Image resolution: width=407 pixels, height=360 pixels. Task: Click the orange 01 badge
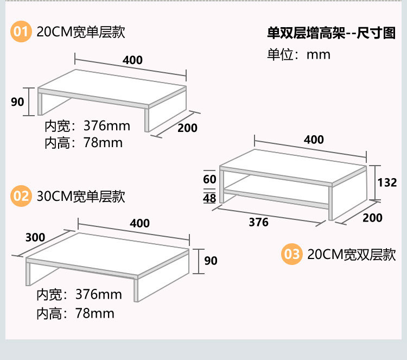pyautogui.click(x=21, y=32)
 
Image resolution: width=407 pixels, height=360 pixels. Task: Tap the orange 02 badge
pyautogui.click(x=21, y=196)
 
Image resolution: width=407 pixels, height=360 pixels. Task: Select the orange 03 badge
pyautogui.click(x=291, y=254)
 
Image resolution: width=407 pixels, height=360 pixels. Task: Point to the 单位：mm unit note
pyautogui.click(x=298, y=55)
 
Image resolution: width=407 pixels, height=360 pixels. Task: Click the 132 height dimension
pyautogui.click(x=387, y=182)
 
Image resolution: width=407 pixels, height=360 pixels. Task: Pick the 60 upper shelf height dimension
pyautogui.click(x=209, y=179)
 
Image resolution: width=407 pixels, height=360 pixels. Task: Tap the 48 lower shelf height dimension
pyautogui.click(x=209, y=198)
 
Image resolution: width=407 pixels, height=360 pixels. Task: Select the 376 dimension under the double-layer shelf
pyautogui.click(x=258, y=222)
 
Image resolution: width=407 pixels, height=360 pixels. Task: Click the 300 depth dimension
pyautogui.click(x=35, y=237)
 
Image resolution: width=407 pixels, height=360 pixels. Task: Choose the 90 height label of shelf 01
pyautogui.click(x=18, y=102)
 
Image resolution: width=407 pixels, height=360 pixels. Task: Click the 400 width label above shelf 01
pyautogui.click(x=132, y=60)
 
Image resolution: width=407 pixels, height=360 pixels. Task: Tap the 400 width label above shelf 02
pyautogui.click(x=139, y=223)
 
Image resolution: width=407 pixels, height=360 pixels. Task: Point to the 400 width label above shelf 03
pyautogui.click(x=314, y=140)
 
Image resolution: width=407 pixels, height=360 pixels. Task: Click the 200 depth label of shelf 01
pyautogui.click(x=188, y=128)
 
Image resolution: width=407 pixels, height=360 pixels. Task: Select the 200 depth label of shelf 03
pyautogui.click(x=372, y=218)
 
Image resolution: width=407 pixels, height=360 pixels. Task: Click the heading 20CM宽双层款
pyautogui.click(x=351, y=255)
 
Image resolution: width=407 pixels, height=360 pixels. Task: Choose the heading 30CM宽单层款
pyautogui.click(x=81, y=196)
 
